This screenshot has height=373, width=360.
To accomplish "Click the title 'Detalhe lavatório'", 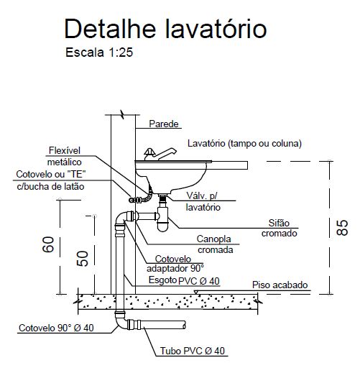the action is click(x=165, y=29).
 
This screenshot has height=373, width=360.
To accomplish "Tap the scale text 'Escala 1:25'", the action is click(x=99, y=52).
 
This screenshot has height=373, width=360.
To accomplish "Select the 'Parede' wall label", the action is click(x=164, y=124).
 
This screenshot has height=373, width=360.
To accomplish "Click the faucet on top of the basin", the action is click(x=160, y=154).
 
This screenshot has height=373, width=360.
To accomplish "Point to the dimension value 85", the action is click(x=342, y=227).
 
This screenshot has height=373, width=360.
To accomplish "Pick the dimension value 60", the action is click(x=48, y=244).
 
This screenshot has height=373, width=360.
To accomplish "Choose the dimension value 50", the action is click(x=83, y=259).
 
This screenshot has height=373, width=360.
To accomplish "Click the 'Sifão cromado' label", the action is click(x=279, y=228).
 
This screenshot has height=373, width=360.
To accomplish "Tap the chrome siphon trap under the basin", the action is click(x=162, y=218).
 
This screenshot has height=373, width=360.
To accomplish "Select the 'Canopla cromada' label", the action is click(x=215, y=244).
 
